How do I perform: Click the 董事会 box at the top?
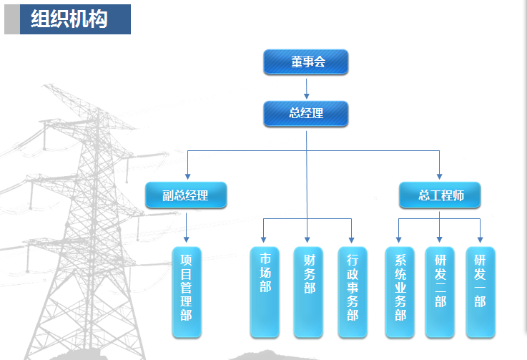pos(305,62)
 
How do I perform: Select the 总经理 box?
pos(305,114)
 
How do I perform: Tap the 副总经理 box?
pos(186,195)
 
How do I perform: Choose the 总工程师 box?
pos(439,195)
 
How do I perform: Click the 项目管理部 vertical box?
pos(186,292)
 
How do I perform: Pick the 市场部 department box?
pos(264,292)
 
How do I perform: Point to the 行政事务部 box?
pos(352,292)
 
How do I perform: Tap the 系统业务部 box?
pos(399,292)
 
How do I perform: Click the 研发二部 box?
pos(439,292)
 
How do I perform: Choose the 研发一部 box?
pos(480,292)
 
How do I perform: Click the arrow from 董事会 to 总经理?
pos(306,88)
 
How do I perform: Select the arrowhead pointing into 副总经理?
pos(187,175)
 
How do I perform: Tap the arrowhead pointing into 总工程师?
pos(439,175)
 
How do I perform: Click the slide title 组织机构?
pos(69,19)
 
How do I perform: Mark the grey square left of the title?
pos(11,19)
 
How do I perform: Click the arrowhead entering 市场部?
pos(264,240)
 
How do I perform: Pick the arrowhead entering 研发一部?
pos(480,240)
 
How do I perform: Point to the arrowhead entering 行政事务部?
pos(352,240)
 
